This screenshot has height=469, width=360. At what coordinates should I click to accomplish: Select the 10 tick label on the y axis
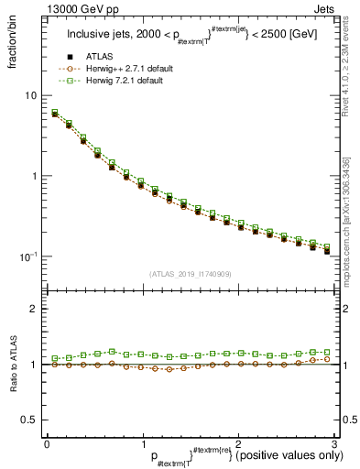(x=32, y=96)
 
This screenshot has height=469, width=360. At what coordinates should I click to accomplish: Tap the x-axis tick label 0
(x=48, y=442)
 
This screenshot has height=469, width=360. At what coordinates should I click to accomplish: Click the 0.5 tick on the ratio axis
(x=30, y=420)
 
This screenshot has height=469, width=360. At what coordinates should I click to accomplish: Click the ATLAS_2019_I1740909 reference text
(x=190, y=274)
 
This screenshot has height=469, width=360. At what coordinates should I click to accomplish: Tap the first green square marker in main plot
(x=55, y=113)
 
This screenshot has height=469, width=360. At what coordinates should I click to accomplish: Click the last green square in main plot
(x=327, y=246)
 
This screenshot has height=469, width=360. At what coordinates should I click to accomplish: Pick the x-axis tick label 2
(x=237, y=442)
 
